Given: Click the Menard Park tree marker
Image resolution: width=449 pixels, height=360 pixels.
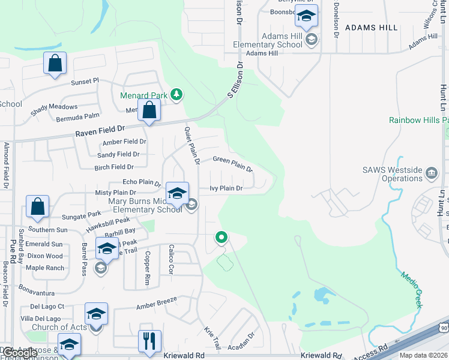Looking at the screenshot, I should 176,94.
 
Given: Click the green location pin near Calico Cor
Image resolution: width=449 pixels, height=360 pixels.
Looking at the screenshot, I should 221,238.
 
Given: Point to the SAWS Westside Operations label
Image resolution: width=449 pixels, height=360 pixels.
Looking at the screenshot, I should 393,174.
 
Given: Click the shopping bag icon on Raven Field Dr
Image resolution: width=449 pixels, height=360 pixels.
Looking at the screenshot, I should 149,110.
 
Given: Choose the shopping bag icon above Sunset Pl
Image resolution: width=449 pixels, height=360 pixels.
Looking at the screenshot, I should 55,63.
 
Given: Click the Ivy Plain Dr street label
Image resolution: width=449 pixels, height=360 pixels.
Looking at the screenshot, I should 226,188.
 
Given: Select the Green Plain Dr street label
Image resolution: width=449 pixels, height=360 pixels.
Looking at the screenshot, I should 233,164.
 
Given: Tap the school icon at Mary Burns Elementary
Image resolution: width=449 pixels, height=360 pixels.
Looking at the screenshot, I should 177,193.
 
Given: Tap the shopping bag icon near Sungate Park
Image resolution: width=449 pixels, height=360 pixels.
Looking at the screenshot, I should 37,206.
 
